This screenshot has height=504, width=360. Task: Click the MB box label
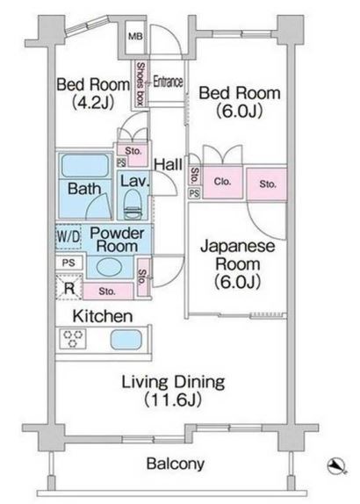[135, 37]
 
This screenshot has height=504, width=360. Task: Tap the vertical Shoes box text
[139, 85]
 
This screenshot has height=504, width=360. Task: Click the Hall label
[167, 163]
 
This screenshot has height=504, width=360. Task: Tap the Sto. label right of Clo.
[266, 184]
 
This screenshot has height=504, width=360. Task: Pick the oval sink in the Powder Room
[109, 268]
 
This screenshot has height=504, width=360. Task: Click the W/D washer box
[68, 237]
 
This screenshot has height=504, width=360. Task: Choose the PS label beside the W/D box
[68, 262]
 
